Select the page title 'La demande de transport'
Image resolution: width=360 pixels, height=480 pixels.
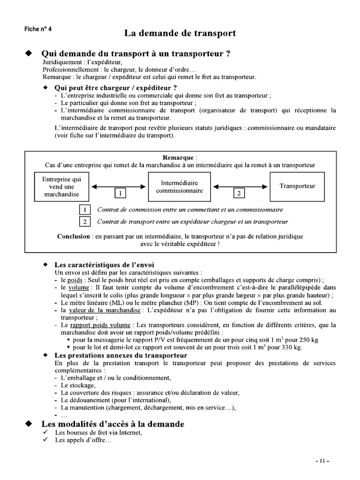coord(180,33)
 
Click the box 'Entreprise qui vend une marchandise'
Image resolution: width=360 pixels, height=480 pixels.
coord(61,187)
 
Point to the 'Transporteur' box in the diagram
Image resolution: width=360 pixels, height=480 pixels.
coord(297,186)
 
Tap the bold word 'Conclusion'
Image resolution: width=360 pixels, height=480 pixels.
coord(73,236)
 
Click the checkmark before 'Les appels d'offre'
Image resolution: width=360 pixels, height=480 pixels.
coord(45,441)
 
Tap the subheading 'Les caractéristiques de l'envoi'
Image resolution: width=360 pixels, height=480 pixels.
coord(104,265)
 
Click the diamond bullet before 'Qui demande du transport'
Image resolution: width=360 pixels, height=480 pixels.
coord(28,53)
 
